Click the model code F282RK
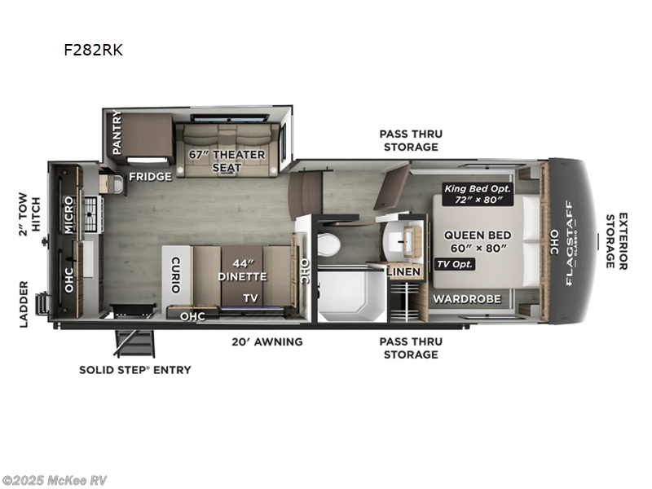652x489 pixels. click(93, 49)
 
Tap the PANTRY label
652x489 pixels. click(117, 132)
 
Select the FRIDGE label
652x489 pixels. click(151, 176)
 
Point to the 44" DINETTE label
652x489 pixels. click(244, 271)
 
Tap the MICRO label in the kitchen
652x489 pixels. click(70, 214)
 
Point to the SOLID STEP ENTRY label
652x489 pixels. click(135, 370)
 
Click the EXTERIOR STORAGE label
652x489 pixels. click(617, 241)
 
